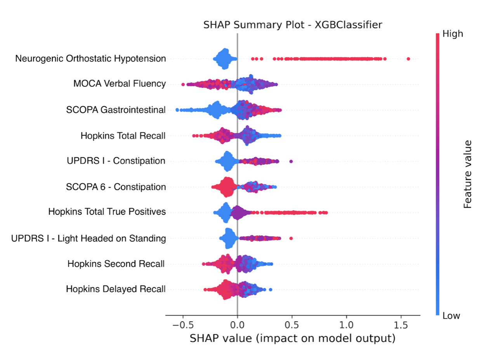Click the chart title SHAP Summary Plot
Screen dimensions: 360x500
(293, 25)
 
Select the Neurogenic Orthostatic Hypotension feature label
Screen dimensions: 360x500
(90, 59)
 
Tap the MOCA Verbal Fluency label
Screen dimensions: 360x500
(120, 84)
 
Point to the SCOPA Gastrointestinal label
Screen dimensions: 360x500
(116, 110)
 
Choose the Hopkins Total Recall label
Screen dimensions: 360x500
(123, 135)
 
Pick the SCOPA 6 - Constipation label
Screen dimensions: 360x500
(116, 187)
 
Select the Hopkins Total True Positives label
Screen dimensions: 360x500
(107, 212)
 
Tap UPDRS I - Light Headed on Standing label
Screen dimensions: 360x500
(89, 238)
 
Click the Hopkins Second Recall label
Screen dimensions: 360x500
(116, 264)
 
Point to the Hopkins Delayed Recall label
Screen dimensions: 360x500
(116, 289)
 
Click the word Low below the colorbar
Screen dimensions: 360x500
(451, 316)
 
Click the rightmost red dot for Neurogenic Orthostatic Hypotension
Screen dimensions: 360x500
(408, 59)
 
